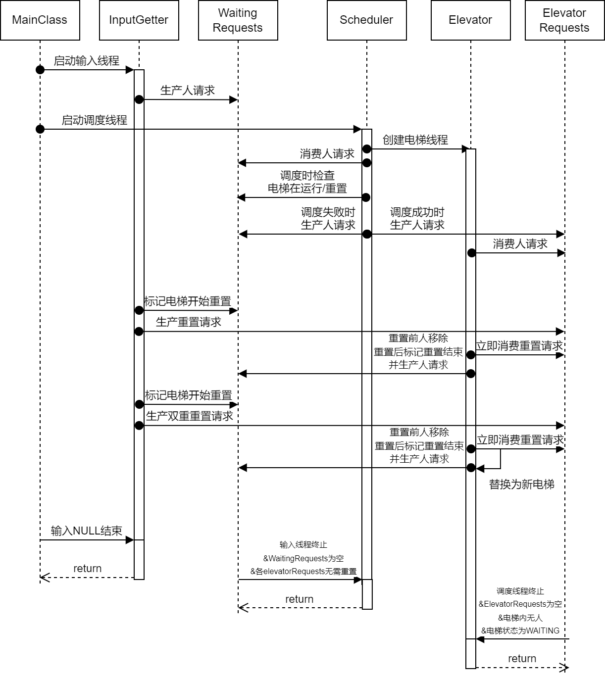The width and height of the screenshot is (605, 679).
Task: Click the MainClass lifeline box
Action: (40, 20)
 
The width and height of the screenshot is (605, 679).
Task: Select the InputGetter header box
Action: (139, 20)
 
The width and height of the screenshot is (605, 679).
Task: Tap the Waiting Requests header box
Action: (238, 20)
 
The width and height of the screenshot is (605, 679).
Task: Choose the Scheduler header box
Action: (366, 20)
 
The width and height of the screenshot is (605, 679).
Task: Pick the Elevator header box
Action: (470, 20)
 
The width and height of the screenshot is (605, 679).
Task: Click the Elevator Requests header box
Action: (564, 20)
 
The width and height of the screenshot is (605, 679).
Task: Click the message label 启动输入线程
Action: (87, 61)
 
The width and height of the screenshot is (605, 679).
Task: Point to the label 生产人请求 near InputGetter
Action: (188, 91)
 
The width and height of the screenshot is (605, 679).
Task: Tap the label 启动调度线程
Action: (94, 120)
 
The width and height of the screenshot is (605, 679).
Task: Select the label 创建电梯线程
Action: (415, 140)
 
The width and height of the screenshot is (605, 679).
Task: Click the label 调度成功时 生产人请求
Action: (417, 219)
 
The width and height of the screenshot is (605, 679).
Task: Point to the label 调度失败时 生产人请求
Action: (328, 219)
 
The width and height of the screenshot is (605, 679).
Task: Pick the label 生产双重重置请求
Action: (189, 416)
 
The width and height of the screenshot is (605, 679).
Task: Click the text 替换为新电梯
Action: (521, 485)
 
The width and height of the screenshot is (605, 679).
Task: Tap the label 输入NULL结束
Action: (87, 531)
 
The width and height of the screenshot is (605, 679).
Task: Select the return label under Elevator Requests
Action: (522, 659)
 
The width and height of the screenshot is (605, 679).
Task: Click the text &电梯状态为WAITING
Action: (520, 631)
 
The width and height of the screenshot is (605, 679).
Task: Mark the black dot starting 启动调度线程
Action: (40, 129)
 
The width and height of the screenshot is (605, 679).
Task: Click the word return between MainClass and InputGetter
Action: (87, 569)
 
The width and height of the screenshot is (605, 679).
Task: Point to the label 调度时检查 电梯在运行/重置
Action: (307, 182)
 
